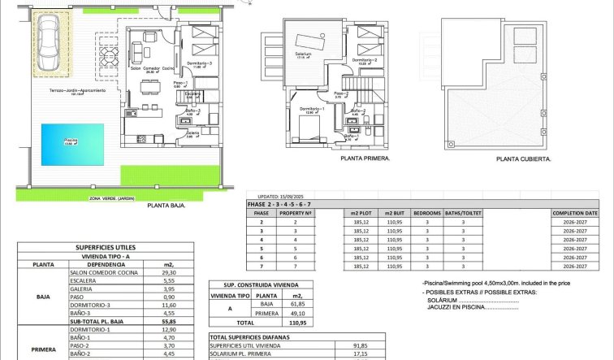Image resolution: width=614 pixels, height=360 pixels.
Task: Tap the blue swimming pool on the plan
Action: [x=72, y=141]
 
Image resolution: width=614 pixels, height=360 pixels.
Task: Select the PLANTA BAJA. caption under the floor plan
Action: [x=166, y=206]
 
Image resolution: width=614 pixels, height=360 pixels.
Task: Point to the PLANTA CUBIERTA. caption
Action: [x=524, y=160]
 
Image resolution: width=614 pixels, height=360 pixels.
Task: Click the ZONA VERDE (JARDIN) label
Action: [x=114, y=198]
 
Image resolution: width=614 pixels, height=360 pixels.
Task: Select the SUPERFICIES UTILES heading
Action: [x=106, y=247]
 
